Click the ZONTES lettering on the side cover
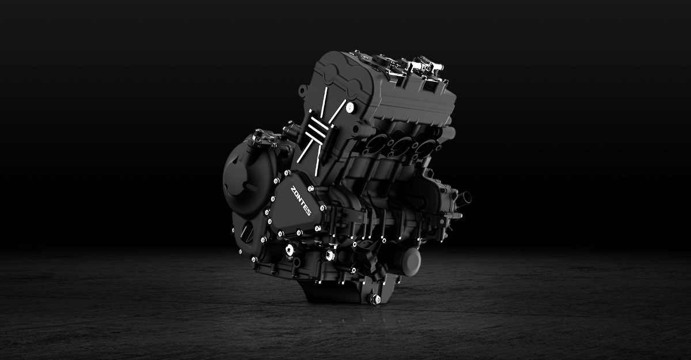click(301, 201)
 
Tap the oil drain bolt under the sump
click(375, 298)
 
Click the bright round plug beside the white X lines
click(350, 107)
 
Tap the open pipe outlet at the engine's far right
click(465, 197)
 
